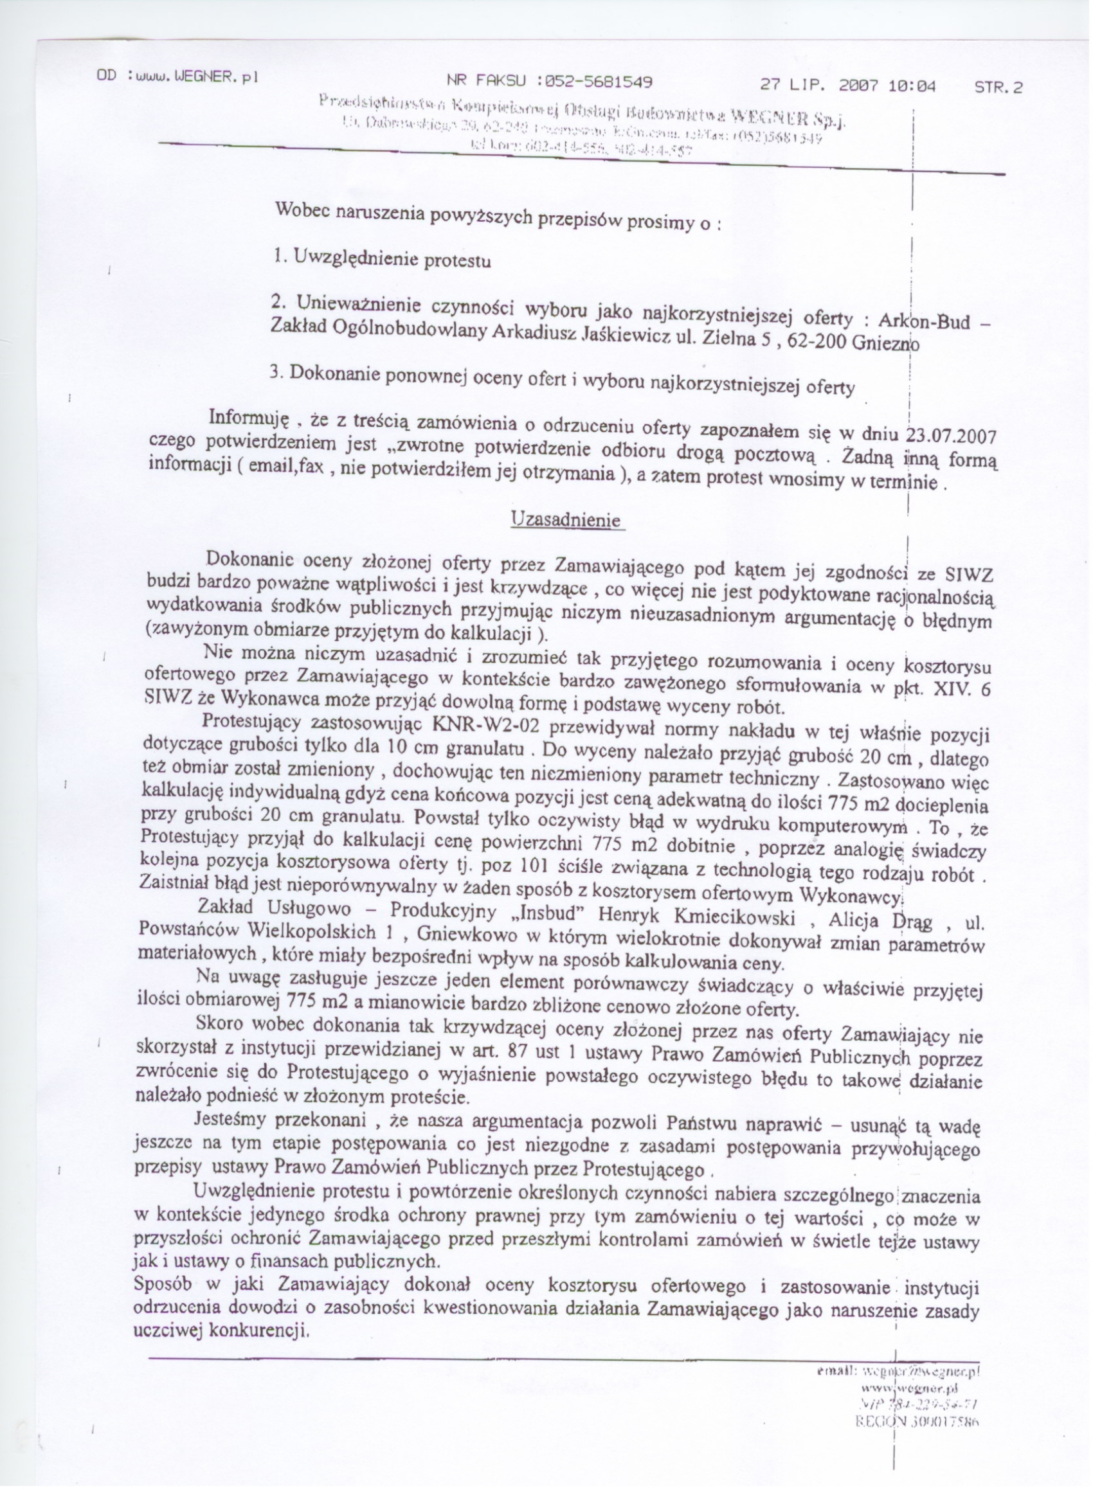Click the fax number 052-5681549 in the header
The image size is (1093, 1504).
coord(598,82)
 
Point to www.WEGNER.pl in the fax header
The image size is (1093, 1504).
coord(195,76)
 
